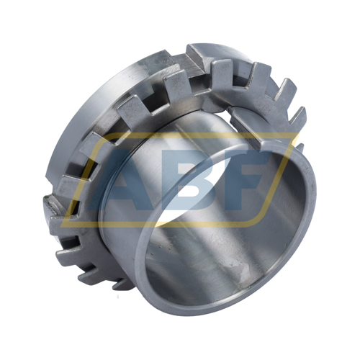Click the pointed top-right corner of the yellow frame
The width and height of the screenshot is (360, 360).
298,133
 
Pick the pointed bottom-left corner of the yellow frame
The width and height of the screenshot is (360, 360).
61,226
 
